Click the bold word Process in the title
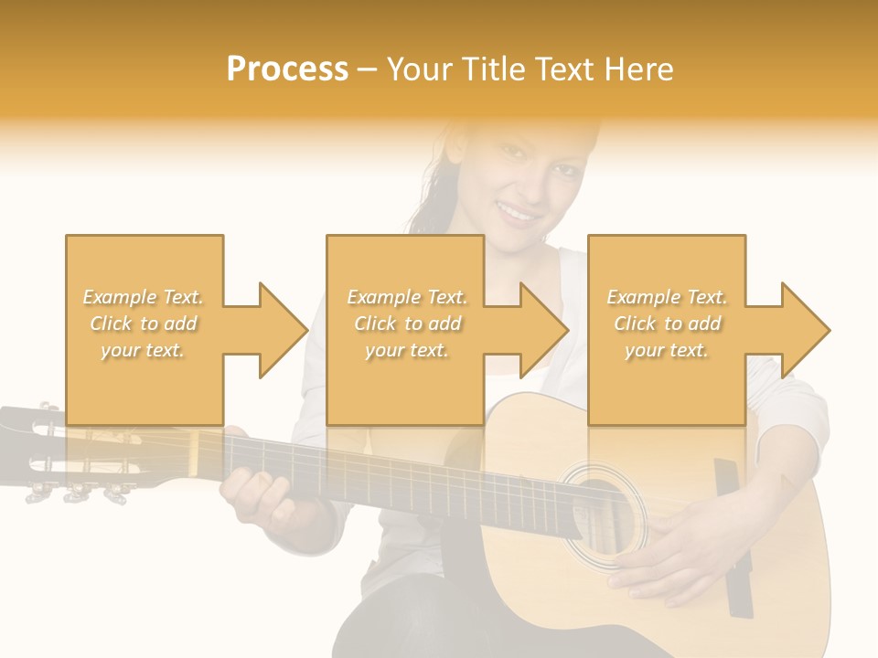pyautogui.click(x=287, y=69)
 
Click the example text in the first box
pyautogui.click(x=144, y=324)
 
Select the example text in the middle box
pyautogui.click(x=406, y=324)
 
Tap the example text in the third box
pyautogui.click(x=666, y=324)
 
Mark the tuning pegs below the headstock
pyautogui.click(x=73, y=493)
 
